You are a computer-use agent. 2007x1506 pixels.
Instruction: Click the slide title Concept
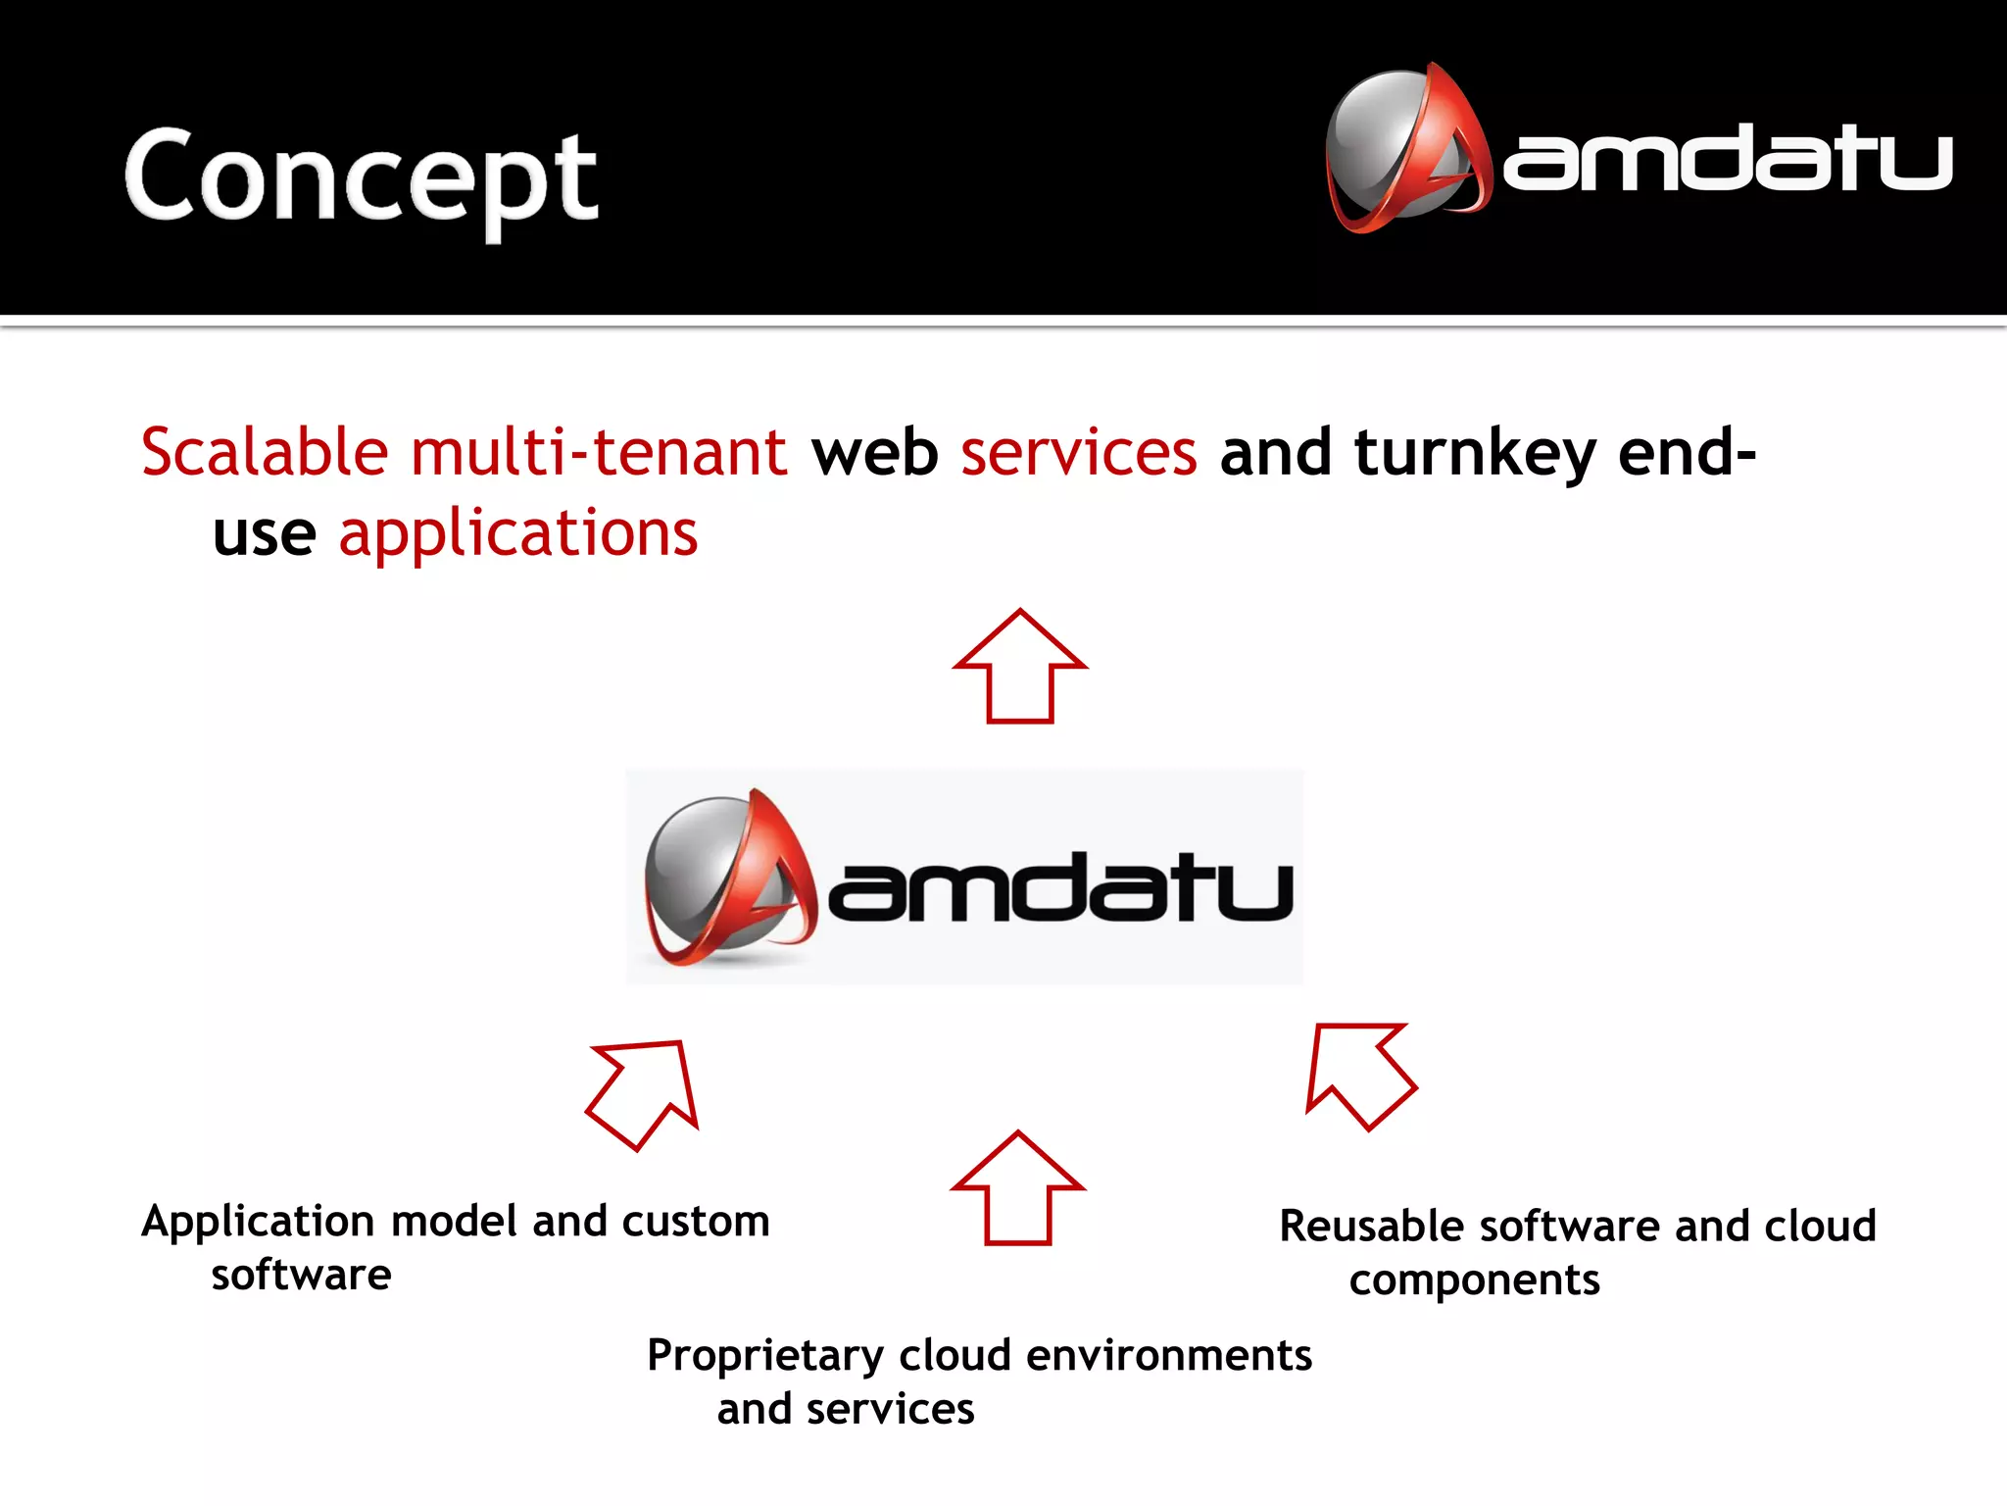pyautogui.click(x=361, y=176)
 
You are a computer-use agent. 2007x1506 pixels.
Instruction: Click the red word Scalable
pyautogui.click(x=265, y=452)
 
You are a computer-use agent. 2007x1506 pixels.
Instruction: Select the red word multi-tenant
pyautogui.click(x=598, y=452)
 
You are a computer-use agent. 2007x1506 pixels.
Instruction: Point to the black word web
pyautogui.click(x=874, y=452)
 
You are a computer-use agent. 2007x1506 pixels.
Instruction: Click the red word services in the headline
pyautogui.click(x=1078, y=452)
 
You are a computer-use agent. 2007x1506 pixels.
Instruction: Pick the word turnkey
pyautogui.click(x=1475, y=454)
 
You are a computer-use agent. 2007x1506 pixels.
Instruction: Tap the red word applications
pyautogui.click(x=517, y=534)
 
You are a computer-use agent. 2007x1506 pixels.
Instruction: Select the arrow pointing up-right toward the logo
pyautogui.click(x=645, y=1092)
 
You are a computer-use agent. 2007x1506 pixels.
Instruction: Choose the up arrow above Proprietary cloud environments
pyautogui.click(x=1017, y=1190)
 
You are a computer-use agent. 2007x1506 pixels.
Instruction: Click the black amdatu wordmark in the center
pyautogui.click(x=1060, y=887)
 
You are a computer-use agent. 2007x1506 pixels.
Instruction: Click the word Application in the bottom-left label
pyautogui.click(x=258, y=1223)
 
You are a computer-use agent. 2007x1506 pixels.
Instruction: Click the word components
pyautogui.click(x=1474, y=1280)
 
